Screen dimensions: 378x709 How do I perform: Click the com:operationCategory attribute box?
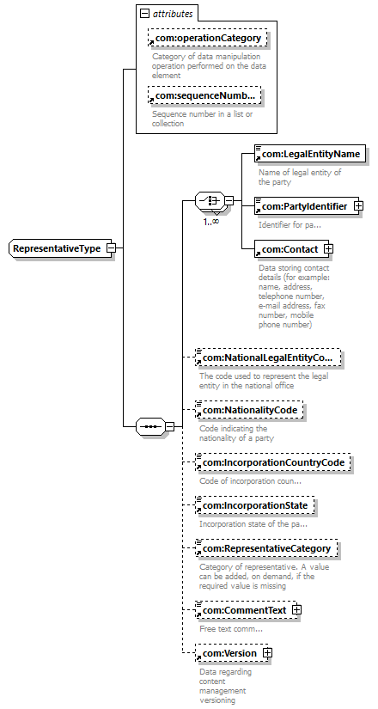(x=208, y=39)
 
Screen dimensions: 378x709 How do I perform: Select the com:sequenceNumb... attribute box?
(x=204, y=95)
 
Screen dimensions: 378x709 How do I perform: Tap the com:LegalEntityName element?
(x=310, y=155)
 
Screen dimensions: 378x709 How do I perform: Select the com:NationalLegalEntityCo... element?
(x=267, y=358)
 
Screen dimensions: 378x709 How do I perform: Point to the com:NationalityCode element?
(x=249, y=411)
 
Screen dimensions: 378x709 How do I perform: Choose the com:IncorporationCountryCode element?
(x=272, y=463)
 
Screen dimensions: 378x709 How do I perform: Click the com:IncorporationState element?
(x=254, y=505)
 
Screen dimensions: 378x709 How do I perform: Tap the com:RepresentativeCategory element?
(x=266, y=549)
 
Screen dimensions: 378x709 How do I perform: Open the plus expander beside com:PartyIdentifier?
(x=358, y=206)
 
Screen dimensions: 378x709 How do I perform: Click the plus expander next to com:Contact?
(x=329, y=248)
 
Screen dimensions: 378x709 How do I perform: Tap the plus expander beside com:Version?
(x=268, y=653)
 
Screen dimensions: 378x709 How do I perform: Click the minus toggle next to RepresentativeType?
(x=111, y=248)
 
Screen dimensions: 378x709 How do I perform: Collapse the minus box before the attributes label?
(x=144, y=14)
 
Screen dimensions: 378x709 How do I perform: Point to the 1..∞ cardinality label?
(x=210, y=221)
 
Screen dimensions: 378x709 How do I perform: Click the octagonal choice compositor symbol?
(x=210, y=200)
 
